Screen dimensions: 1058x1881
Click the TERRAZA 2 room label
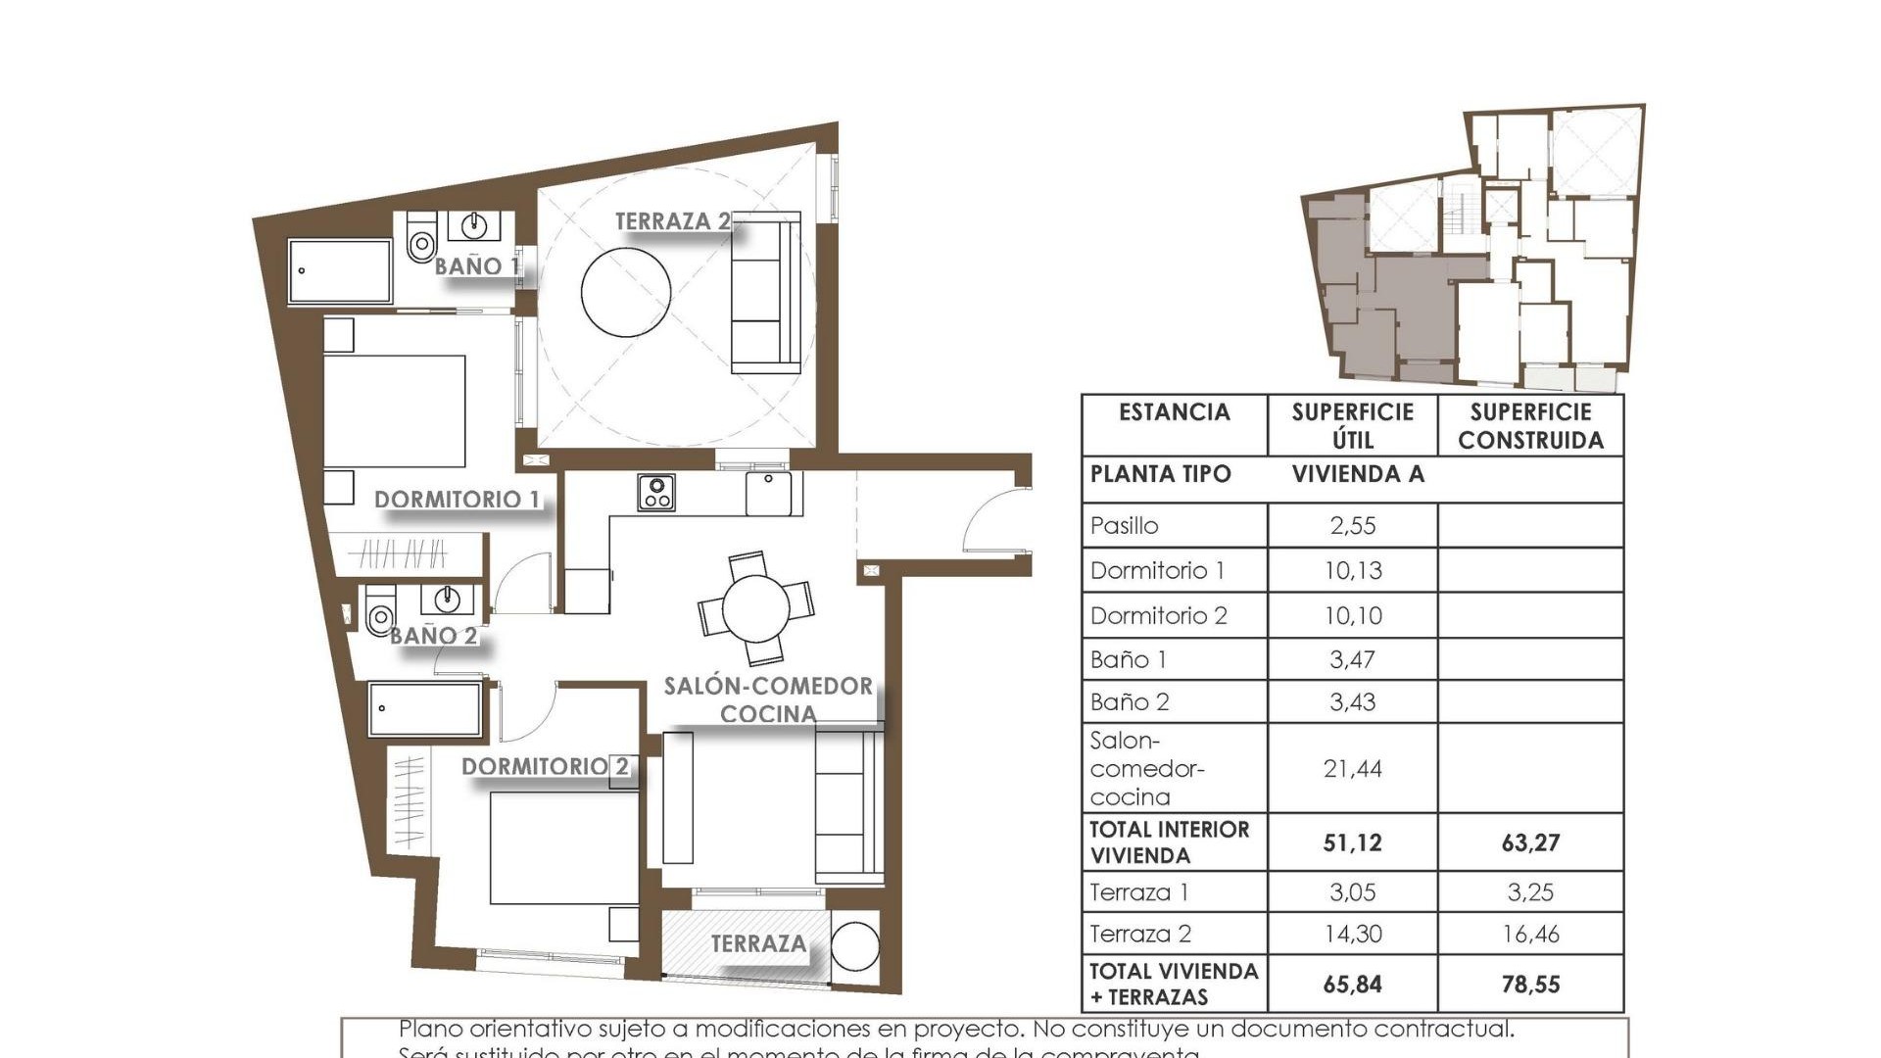[x=672, y=221]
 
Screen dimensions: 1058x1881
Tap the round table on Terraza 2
[x=626, y=292]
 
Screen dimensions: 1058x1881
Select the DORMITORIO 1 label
[x=457, y=500]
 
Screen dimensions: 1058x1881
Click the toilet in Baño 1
[x=421, y=238]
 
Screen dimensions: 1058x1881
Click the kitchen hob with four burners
[x=655, y=492]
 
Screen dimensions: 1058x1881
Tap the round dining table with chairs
[x=755, y=608]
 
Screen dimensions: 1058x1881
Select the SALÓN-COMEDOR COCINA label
[x=768, y=699]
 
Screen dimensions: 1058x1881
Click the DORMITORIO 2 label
[x=545, y=766]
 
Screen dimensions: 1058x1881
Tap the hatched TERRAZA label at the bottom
[x=758, y=943]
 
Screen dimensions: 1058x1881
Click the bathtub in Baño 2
[x=425, y=709]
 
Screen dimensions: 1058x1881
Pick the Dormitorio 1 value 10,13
[x=1352, y=570]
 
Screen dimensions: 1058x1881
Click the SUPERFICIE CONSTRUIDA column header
[x=1530, y=426]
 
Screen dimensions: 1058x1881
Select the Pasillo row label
[x=1125, y=526]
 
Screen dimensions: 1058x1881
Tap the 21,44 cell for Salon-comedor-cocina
[x=1352, y=769]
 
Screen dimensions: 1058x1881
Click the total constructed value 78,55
[x=1530, y=984]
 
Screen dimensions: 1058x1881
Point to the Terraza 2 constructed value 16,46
[x=1530, y=934]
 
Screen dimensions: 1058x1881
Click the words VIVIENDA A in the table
[x=1358, y=474]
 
